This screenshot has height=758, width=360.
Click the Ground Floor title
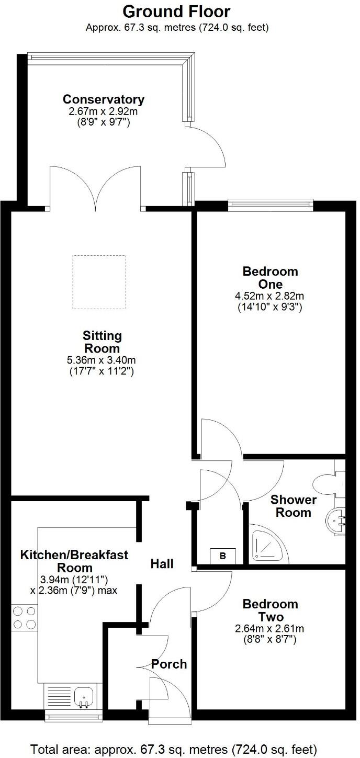point(177,12)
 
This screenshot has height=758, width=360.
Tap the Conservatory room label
point(104,99)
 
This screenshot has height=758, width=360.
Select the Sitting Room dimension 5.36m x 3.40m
point(102,360)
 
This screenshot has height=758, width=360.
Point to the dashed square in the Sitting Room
point(99,282)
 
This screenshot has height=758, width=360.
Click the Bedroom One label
point(270,278)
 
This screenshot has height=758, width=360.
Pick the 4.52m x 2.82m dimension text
point(269,297)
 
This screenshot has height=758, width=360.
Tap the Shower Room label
point(294,506)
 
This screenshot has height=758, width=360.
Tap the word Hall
point(162,564)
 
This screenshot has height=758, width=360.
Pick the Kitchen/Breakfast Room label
point(74,561)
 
